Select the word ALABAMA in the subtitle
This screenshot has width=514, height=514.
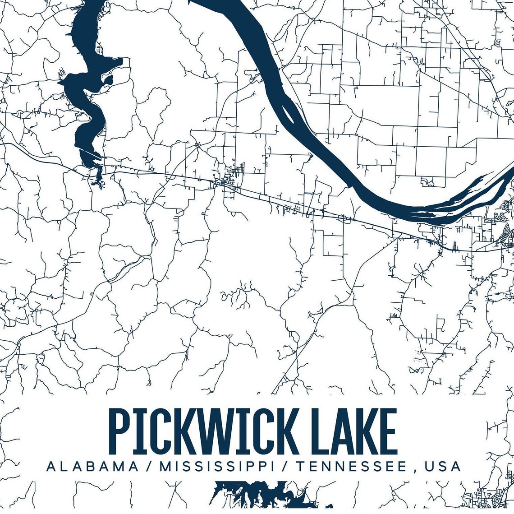pos(92,466)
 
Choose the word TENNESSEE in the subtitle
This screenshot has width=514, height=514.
pos(351,466)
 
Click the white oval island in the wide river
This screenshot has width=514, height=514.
pos(288,113)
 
